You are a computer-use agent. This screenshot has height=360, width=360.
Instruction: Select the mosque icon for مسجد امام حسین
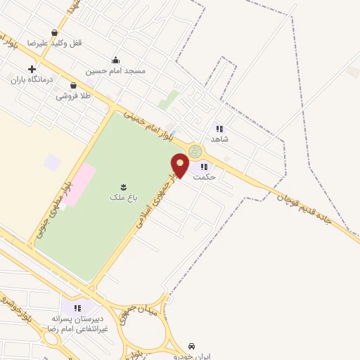(116, 60)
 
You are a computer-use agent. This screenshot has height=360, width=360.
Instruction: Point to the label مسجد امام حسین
(116, 71)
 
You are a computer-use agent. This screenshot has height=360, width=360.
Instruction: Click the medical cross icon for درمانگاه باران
(32, 69)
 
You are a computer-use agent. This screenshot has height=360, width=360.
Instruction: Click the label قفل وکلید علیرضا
(55, 43)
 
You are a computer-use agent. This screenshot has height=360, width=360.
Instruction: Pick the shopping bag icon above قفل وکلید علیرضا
(55, 32)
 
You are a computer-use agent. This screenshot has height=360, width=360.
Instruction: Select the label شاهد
(219, 139)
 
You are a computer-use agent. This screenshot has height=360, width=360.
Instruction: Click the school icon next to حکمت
(204, 167)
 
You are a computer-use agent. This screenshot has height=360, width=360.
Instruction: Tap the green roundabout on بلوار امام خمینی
(195, 150)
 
